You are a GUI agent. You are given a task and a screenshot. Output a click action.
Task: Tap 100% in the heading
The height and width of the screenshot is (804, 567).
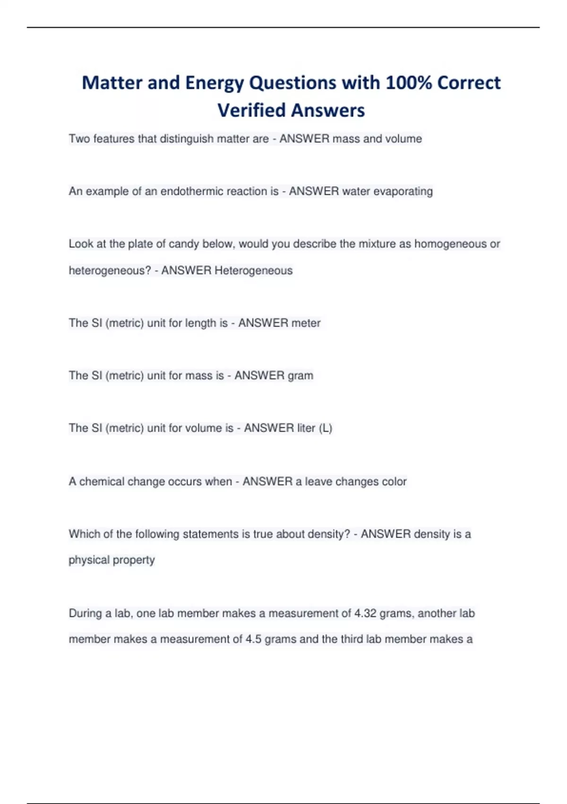tap(408, 83)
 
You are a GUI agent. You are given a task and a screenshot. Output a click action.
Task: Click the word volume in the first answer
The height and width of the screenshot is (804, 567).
tap(404, 139)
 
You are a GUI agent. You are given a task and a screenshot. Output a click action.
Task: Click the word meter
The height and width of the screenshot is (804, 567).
tap(306, 323)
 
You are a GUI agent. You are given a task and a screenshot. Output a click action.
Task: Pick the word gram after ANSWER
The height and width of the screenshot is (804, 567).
tap(300, 376)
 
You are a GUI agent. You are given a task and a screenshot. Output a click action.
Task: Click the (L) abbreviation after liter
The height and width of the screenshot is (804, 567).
tap(326, 428)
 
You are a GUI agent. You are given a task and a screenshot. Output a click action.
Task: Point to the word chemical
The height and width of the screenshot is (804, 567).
tap(102, 481)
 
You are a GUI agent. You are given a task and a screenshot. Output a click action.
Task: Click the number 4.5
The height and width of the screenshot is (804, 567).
tap(253, 639)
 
